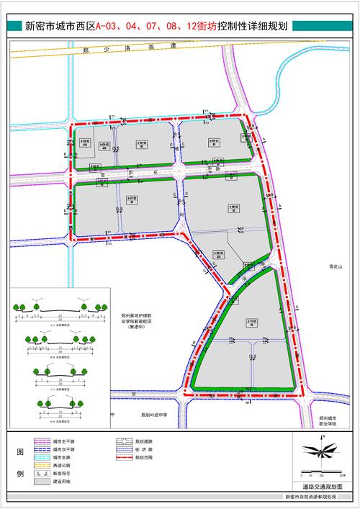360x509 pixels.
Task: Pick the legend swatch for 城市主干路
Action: [x=40, y=441]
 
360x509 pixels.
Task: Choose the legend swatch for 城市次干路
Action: [x=40, y=449]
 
